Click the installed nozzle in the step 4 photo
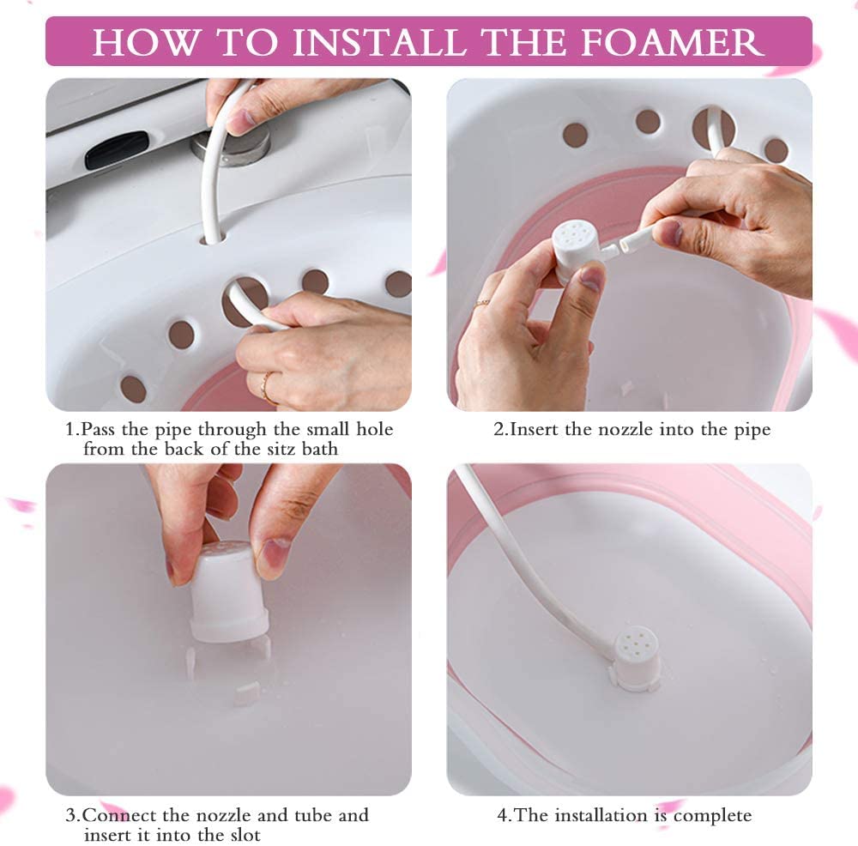click(637, 657)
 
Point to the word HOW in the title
click(135, 41)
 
